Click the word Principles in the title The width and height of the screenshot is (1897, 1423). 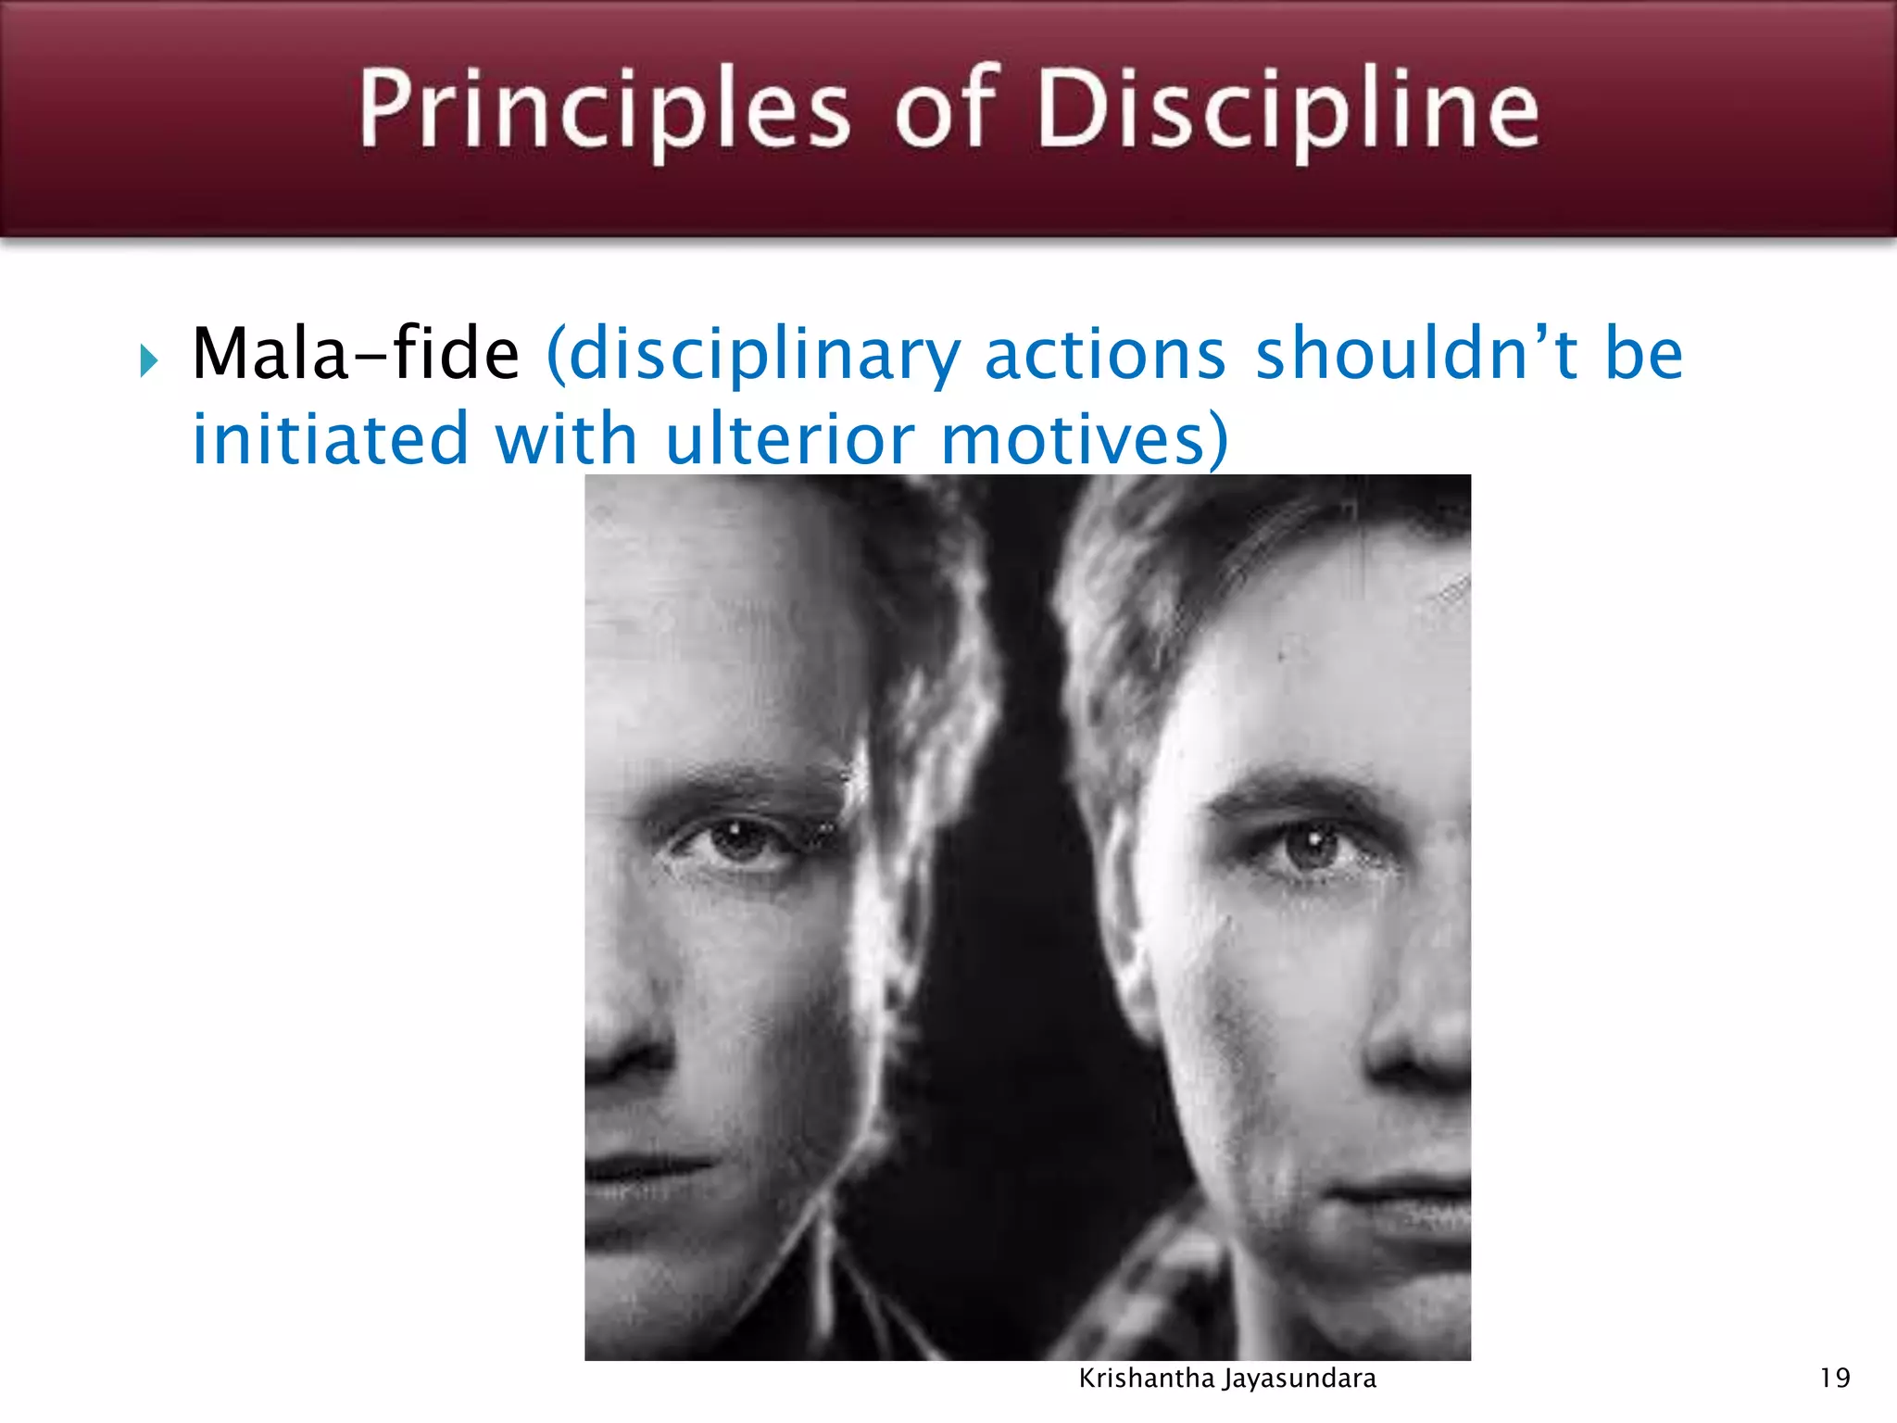[603, 110]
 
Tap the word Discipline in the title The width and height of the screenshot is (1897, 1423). [1287, 110]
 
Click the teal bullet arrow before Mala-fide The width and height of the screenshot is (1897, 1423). [149, 360]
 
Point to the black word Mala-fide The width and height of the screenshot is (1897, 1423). [355, 354]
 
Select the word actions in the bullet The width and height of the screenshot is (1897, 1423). [1104, 354]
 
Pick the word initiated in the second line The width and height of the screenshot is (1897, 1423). [330, 438]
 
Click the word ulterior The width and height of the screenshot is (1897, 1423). [790, 438]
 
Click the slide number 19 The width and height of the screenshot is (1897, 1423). [1835, 1379]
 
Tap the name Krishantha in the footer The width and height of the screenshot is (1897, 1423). [1146, 1379]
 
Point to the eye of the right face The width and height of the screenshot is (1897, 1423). [1309, 846]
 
